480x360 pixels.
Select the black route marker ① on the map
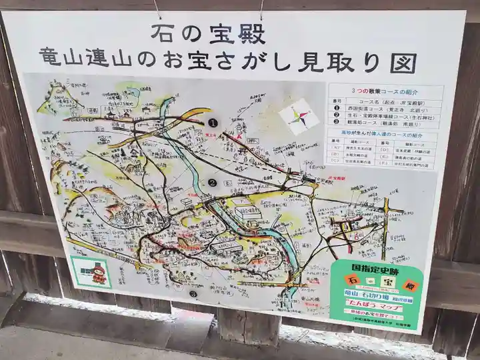(x=213, y=123)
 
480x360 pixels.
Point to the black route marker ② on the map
(x=213, y=182)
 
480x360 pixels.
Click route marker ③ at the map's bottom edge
(x=193, y=293)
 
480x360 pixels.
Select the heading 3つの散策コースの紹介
(x=386, y=91)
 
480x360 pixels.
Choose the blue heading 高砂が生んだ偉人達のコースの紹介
(x=384, y=133)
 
